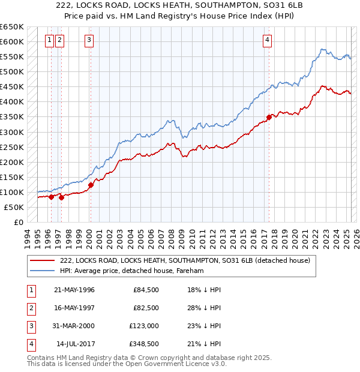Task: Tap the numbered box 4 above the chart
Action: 266,41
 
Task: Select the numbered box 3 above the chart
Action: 89,41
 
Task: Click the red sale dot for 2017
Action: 269,117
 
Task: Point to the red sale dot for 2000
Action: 91,185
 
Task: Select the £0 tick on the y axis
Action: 19,222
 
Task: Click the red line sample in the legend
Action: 42,261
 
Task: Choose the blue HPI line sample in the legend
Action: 42,271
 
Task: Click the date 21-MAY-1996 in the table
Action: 74,290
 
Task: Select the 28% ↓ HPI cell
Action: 204,308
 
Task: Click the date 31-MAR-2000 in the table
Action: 74,326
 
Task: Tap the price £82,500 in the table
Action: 146,308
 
